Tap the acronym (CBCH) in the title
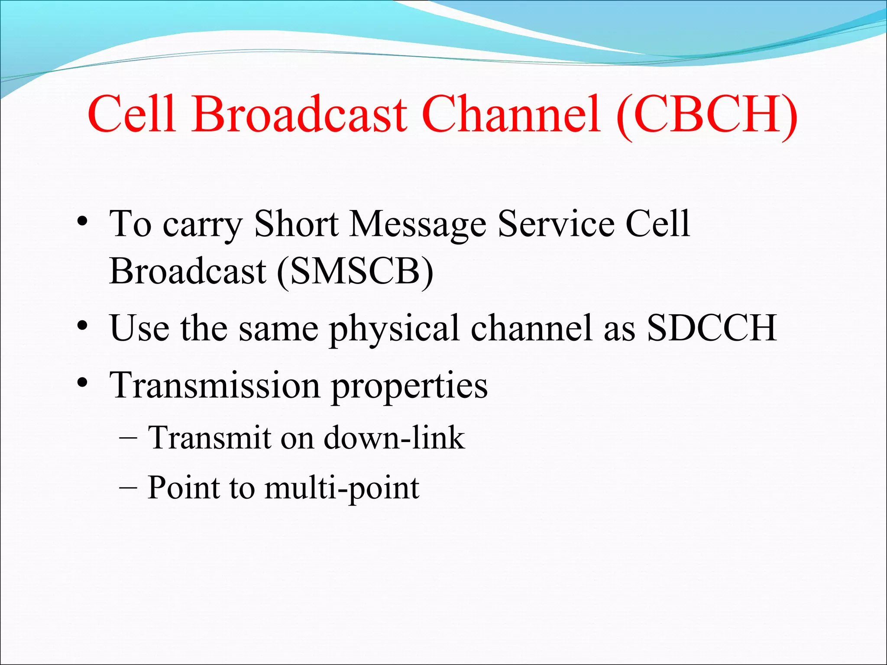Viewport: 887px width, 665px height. click(x=707, y=115)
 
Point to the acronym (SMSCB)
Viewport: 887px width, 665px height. click(x=355, y=271)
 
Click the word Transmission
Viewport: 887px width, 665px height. click(x=215, y=385)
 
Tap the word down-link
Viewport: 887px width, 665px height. click(x=394, y=437)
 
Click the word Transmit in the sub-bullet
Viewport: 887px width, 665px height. click(x=210, y=437)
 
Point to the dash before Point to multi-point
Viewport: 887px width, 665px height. click(x=128, y=487)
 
